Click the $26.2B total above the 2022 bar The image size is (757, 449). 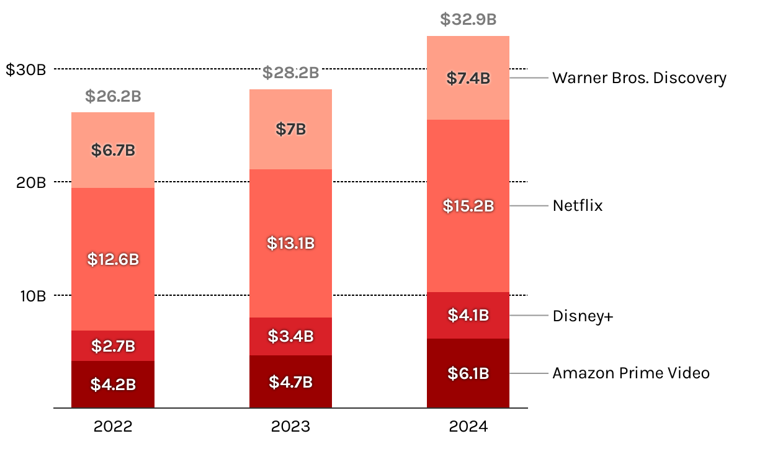pos(113,97)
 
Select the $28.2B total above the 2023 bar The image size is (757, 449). pos(290,73)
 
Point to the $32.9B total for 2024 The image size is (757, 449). pos(468,19)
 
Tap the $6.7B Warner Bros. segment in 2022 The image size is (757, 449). pos(113,150)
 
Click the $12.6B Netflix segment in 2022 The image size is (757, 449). pos(113,259)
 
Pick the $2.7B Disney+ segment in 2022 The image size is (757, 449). pos(113,346)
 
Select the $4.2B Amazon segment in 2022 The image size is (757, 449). pos(113,385)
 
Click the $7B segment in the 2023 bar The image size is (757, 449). pos(290,130)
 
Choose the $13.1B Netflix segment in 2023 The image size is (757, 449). pos(290,244)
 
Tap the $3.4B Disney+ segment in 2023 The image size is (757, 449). pos(290,336)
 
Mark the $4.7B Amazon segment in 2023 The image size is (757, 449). pos(290,382)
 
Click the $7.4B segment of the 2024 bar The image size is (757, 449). pos(468,78)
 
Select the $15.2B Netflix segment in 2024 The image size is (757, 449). pos(468,206)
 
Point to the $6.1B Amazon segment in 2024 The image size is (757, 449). pos(468,373)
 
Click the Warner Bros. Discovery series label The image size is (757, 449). pos(639,78)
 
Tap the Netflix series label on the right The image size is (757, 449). pos(578,206)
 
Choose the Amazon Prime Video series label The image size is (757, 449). pos(631,373)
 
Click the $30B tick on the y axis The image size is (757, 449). pos(26,69)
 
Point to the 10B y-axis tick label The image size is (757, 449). pos(32,296)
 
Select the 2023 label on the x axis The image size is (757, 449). pos(290,427)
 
